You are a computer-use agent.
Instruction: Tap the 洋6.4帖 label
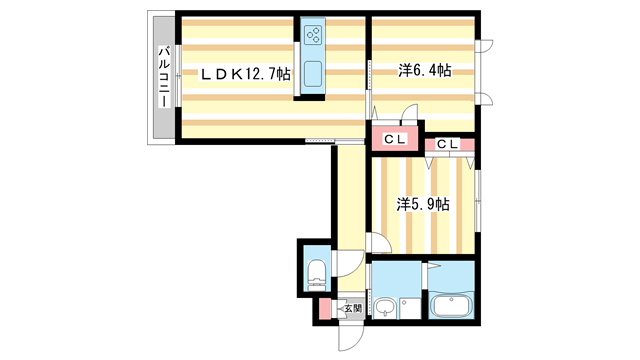tap(424, 70)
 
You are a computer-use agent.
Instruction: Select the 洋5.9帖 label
tap(421, 204)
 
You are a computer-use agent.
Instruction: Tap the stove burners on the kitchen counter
tap(312, 37)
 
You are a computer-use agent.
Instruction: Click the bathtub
tap(451, 305)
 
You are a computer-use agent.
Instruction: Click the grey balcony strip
tap(160, 77)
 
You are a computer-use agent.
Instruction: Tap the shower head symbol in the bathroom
tap(437, 269)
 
